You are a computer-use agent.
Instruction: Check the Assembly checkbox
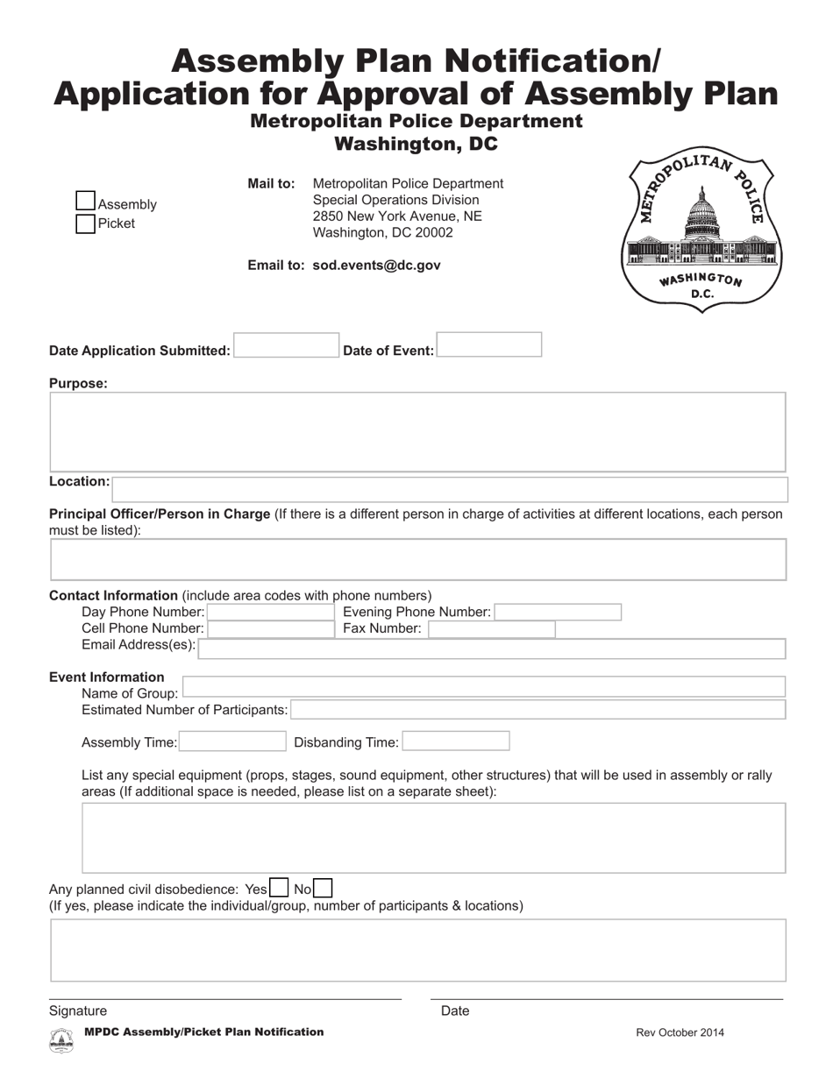click(85, 202)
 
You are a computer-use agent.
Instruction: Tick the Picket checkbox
click(85, 223)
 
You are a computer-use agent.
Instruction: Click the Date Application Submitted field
click(286, 345)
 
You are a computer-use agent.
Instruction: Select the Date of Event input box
click(488, 344)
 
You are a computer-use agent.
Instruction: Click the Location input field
click(450, 489)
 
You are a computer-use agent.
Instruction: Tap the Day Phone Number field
click(271, 612)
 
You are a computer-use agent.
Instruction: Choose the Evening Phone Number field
click(558, 612)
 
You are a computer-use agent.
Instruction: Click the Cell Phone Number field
click(271, 628)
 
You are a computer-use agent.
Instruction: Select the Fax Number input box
click(491, 628)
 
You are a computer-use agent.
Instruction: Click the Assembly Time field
click(232, 741)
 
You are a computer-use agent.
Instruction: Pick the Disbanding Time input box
click(455, 741)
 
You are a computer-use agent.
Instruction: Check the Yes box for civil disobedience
click(279, 888)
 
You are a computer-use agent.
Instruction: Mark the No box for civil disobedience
click(323, 888)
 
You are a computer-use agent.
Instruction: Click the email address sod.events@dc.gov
click(376, 265)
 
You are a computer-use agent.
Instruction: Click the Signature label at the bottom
click(78, 1011)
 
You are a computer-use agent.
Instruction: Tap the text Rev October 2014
click(680, 1032)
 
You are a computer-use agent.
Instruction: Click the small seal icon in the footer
click(61, 1039)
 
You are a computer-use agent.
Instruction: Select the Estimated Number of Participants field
click(538, 709)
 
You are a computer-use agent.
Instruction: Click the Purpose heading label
click(78, 383)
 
